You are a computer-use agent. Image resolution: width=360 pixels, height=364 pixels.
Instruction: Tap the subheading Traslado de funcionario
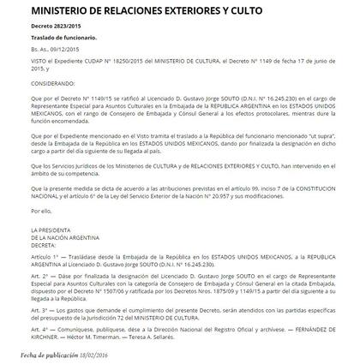point(61,39)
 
